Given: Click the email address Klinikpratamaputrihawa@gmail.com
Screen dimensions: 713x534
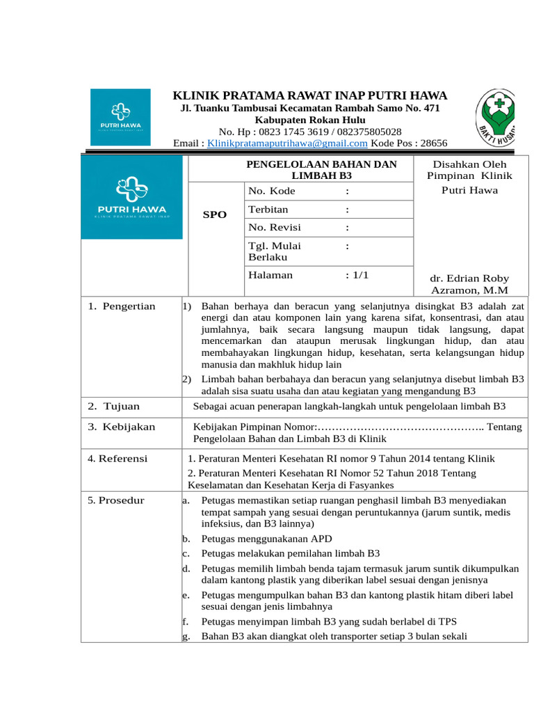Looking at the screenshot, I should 287,143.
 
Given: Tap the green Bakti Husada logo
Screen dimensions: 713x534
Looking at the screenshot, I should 495,116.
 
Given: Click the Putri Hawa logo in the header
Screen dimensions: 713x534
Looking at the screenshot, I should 120,117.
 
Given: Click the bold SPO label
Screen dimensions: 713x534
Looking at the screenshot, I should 214,215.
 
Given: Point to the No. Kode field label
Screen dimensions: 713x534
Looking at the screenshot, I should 271,191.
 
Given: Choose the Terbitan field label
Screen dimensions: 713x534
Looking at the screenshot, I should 268,209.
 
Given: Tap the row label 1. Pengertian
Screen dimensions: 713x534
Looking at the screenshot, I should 122,306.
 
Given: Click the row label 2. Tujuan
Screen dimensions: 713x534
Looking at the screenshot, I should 114,406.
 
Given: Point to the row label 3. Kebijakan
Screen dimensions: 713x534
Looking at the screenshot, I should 122,427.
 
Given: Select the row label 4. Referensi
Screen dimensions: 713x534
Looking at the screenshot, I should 118,458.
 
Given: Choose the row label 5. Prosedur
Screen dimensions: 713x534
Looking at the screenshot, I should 116,500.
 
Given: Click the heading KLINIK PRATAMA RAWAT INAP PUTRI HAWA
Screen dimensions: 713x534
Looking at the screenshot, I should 310,95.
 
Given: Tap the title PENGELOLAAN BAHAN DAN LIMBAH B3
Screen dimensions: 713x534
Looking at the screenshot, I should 322,170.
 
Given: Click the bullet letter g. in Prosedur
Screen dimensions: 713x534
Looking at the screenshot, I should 186,636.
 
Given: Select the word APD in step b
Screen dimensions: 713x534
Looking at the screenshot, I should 322,538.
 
